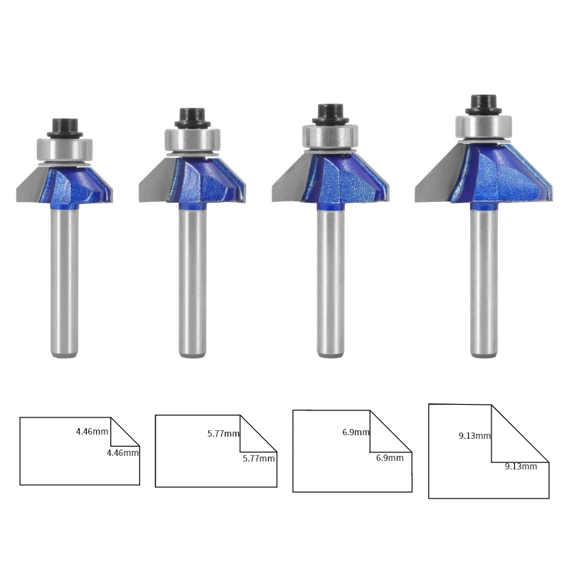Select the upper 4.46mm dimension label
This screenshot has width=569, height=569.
[92, 431]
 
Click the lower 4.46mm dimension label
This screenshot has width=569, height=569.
[122, 452]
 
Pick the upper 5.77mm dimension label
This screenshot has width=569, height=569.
[223, 433]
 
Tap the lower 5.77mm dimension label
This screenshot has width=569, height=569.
[258, 459]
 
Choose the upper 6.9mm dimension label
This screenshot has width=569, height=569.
[356, 432]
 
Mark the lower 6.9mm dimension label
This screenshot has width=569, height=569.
[390, 458]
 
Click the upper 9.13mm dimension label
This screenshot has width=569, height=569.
[474, 435]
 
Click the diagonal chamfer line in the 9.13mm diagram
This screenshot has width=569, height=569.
[520, 433]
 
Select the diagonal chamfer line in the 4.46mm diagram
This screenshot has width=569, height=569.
[125, 432]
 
